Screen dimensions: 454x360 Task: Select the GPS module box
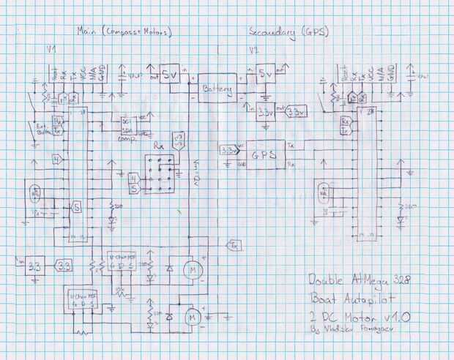pyautogui.click(x=264, y=155)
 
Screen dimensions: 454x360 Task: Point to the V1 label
pyautogui.click(x=52, y=49)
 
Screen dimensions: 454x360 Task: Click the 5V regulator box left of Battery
pyautogui.click(x=170, y=75)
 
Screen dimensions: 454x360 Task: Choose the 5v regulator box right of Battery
pyautogui.click(x=264, y=76)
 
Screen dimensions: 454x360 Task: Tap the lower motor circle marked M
pyautogui.click(x=192, y=318)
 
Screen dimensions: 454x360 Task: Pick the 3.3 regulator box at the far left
pyautogui.click(x=34, y=266)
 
